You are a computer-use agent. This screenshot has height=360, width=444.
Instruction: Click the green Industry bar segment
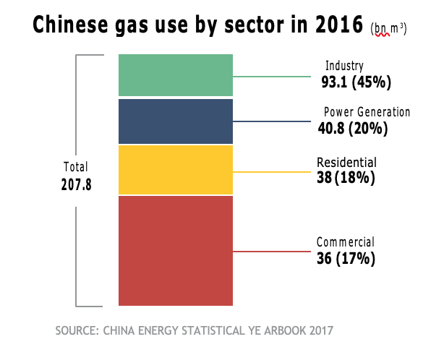tap(176, 75)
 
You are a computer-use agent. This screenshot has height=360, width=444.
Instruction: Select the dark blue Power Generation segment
tap(176, 121)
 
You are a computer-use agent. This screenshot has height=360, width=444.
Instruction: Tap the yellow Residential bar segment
tap(176, 170)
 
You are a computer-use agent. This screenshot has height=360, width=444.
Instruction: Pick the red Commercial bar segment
tap(176, 250)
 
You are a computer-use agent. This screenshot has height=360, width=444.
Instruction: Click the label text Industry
tap(344, 67)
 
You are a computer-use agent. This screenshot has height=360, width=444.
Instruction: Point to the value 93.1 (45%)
tap(356, 82)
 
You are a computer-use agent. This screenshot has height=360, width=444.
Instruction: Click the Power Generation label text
tap(366, 113)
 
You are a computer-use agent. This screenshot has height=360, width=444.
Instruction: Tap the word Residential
tap(346, 162)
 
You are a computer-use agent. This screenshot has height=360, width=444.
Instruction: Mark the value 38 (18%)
tap(345, 177)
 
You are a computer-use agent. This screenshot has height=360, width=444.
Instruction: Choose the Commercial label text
tap(345, 242)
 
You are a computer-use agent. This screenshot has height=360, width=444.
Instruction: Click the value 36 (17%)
tap(345, 258)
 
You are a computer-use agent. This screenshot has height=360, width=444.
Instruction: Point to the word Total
tap(77, 167)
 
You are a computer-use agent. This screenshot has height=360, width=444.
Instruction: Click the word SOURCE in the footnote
tap(76, 331)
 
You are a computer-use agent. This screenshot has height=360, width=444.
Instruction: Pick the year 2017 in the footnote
tap(319, 331)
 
